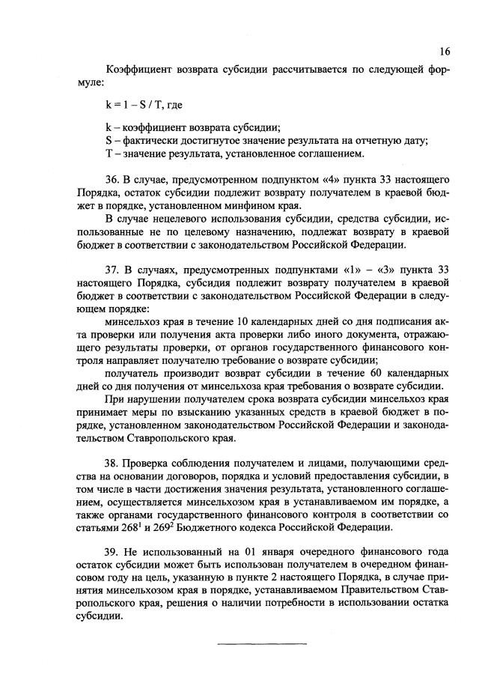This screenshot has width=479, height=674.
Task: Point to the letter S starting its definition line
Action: pyautogui.click(x=109, y=141)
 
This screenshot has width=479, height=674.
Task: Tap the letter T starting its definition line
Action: pyautogui.click(x=109, y=154)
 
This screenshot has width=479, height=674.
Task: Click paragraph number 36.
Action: pyautogui.click(x=114, y=180)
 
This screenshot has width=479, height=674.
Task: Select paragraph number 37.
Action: pyautogui.click(x=114, y=267)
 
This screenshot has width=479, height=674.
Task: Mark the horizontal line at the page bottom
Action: pyautogui.click(x=261, y=643)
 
